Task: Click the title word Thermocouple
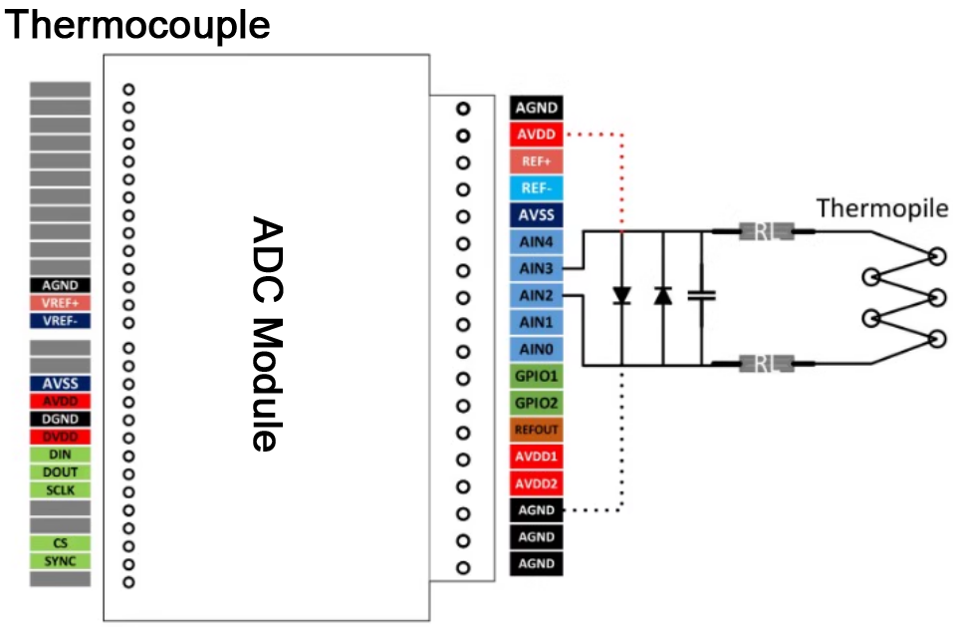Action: coord(138,24)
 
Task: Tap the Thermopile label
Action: coord(882,208)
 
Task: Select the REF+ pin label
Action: coord(537,161)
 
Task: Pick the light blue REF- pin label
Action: coord(537,188)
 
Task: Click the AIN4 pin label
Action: coord(537,242)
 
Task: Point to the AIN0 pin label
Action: coord(537,350)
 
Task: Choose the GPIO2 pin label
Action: coord(537,404)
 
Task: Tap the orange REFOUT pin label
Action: coord(537,431)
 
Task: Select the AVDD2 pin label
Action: coord(537,483)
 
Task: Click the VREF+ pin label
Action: coord(60,303)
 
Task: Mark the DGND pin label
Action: coord(60,419)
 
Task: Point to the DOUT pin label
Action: coord(60,471)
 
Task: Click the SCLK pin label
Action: coord(60,489)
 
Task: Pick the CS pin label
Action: coord(60,543)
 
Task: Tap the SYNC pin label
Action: coord(60,561)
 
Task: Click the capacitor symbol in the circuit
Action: coord(703,295)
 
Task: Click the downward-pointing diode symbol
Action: coord(621,295)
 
